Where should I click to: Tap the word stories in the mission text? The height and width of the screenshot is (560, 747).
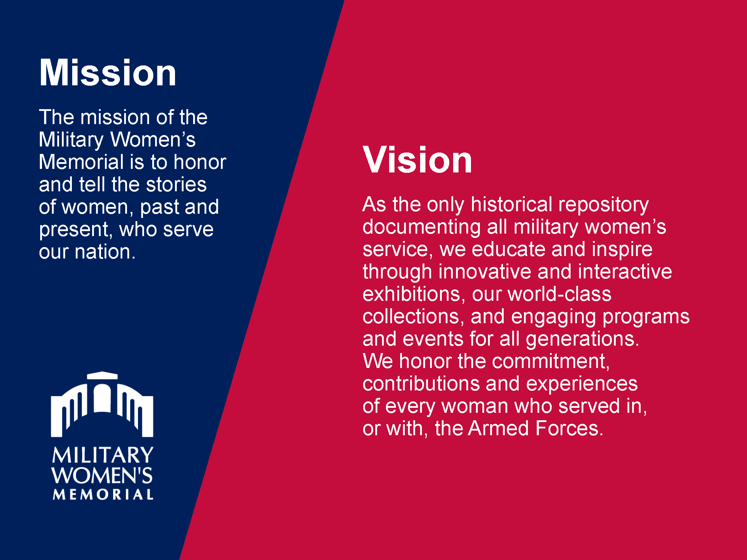pos(176,185)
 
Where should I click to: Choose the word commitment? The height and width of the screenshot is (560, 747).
pos(551,362)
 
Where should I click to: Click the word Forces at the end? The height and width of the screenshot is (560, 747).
pos(569,428)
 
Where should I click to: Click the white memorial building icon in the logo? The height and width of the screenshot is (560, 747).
pos(102,404)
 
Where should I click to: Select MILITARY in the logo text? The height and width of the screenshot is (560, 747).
pos(102,455)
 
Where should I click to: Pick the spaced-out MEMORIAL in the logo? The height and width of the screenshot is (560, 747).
pos(103,494)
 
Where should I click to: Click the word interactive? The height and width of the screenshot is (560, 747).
pos(625,272)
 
